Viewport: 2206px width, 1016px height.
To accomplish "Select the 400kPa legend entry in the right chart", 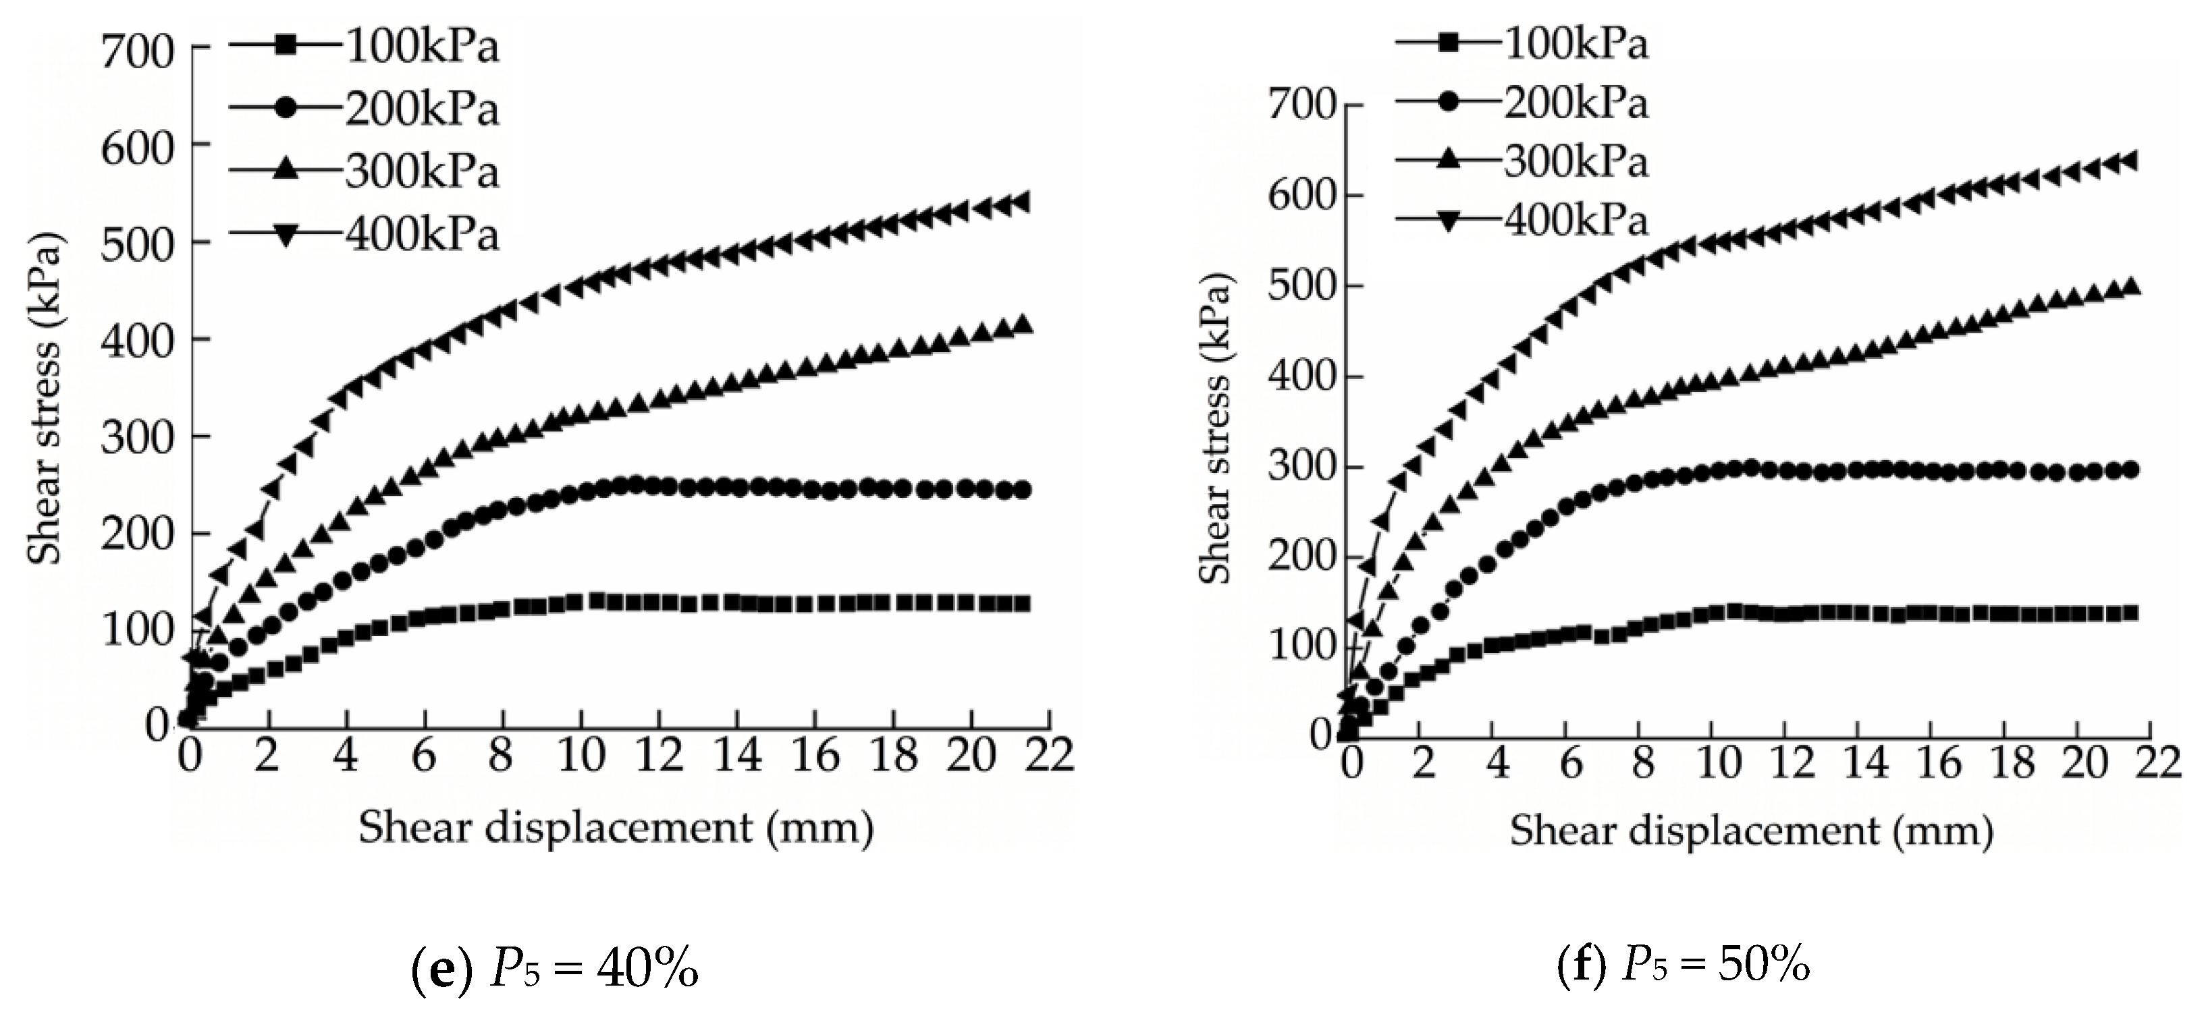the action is (1522, 220).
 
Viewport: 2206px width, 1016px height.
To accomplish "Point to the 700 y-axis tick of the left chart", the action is (136, 51).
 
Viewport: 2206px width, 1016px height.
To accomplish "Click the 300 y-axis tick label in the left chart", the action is (136, 436).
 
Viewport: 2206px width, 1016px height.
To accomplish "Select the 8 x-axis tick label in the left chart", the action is (501, 756).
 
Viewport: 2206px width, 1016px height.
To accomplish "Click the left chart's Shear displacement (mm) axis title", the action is (616, 828).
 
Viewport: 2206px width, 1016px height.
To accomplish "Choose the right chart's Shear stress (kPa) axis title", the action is (1214, 430).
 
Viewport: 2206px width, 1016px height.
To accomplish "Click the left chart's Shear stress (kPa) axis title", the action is (45, 400).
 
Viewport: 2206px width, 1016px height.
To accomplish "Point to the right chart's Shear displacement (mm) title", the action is (1751, 830).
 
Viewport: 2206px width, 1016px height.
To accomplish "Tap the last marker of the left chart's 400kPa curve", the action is (1021, 202).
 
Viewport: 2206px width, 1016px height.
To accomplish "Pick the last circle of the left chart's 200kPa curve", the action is (1021, 490).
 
